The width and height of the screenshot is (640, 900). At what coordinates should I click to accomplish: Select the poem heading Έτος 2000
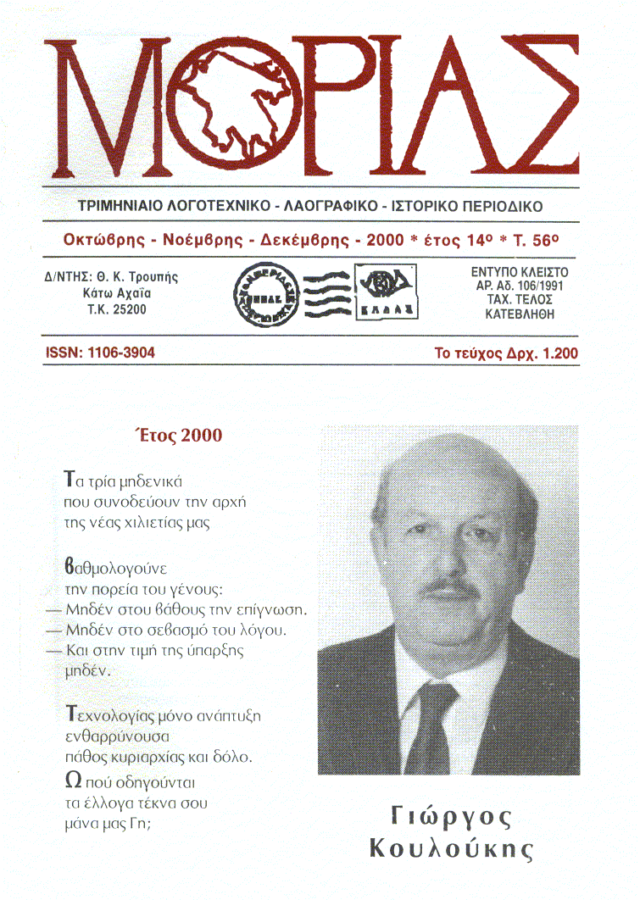pyautogui.click(x=178, y=436)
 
